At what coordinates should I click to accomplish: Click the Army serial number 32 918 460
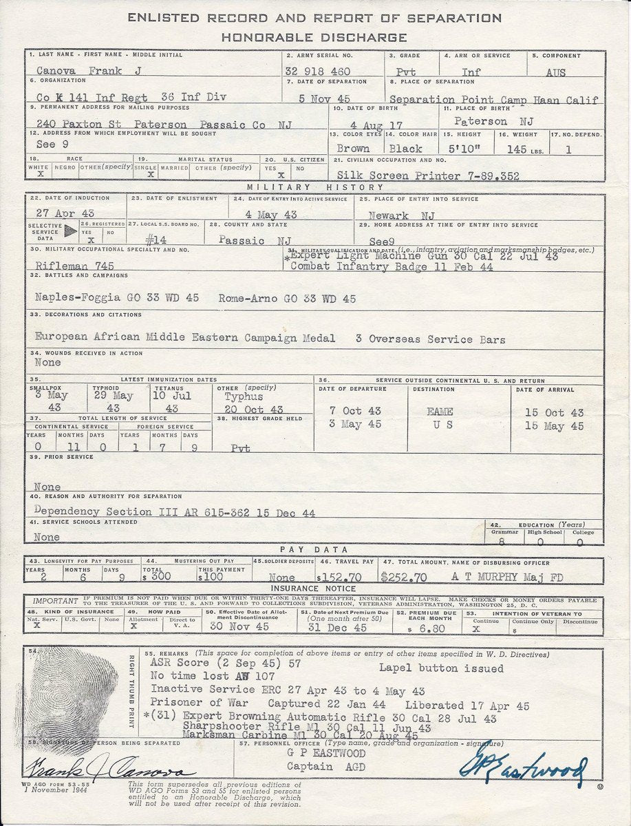pyautogui.click(x=317, y=71)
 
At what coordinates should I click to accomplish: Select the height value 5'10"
pyautogui.click(x=470, y=148)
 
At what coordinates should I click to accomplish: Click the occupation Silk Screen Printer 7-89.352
pyautogui.click(x=427, y=176)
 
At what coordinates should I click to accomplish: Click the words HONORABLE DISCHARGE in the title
pyautogui.click(x=314, y=37)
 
